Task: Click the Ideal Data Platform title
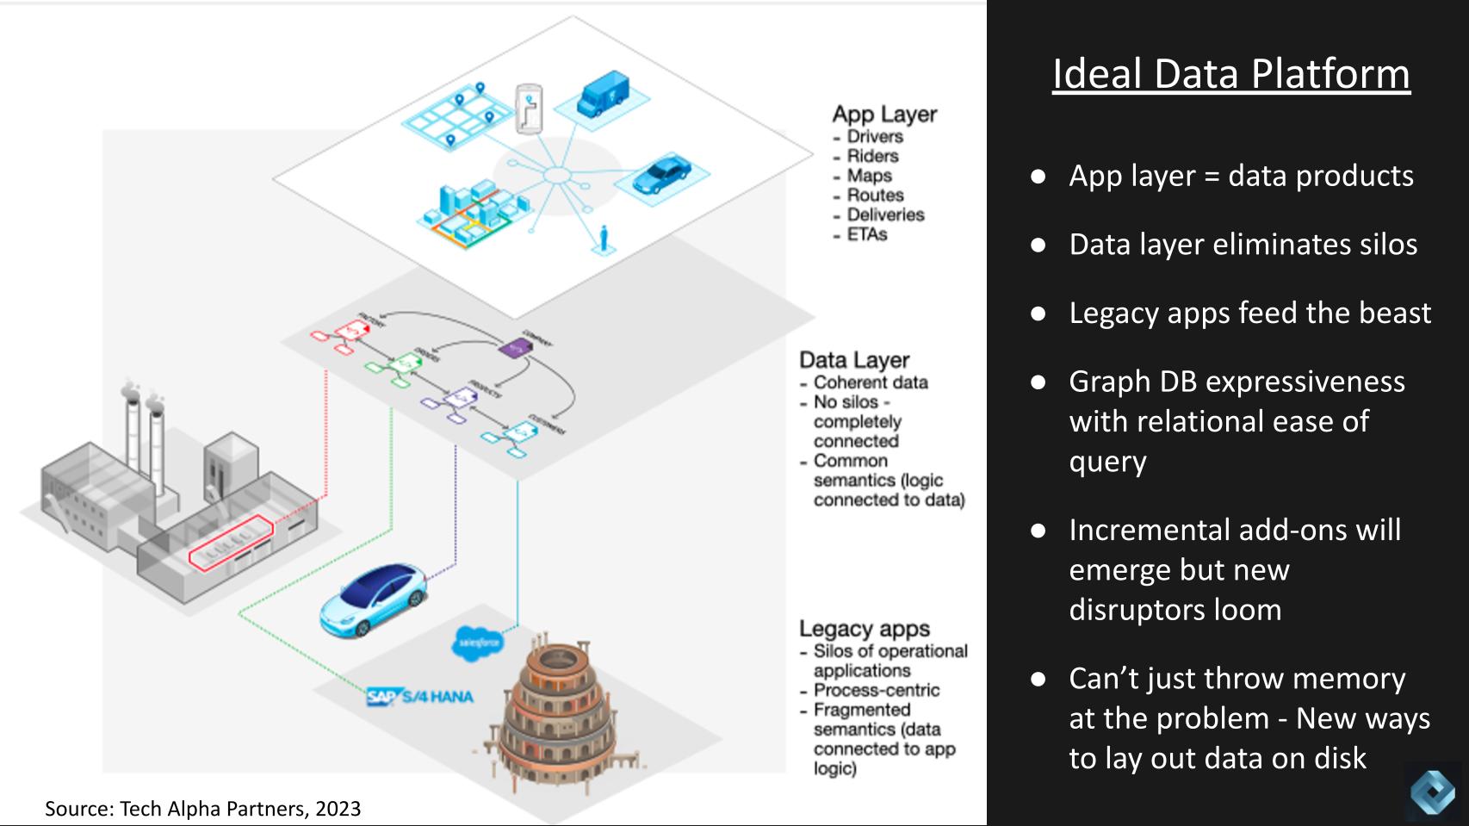[1230, 74]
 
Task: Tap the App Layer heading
[883, 115]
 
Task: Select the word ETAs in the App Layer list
[866, 234]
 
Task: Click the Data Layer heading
[853, 360]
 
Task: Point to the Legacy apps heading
[864, 629]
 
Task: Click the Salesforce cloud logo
[479, 643]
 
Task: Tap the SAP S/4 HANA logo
[419, 696]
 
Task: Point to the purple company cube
[515, 346]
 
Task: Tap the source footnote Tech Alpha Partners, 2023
[203, 809]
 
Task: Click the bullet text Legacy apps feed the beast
[1249, 313]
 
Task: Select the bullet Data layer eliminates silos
[1243, 245]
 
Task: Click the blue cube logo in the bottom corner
[1432, 791]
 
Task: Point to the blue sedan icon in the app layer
[661, 175]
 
